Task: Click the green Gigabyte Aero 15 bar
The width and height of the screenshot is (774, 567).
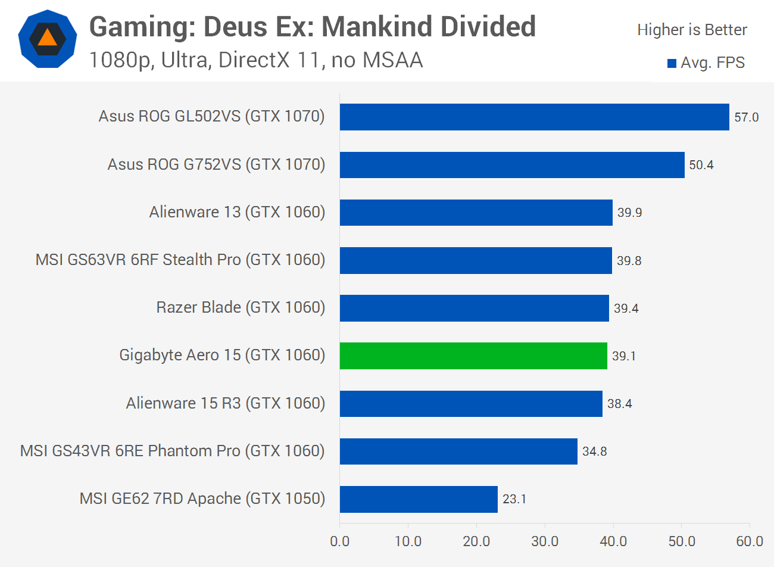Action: click(x=473, y=356)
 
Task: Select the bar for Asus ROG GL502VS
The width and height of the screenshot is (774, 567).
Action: click(x=534, y=117)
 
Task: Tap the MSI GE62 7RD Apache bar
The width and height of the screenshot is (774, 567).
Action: click(x=419, y=499)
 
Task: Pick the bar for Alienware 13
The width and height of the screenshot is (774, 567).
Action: click(x=476, y=213)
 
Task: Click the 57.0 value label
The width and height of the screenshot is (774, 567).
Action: click(x=746, y=117)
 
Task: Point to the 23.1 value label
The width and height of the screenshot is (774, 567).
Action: click(x=514, y=499)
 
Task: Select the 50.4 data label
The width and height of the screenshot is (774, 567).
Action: click(x=701, y=165)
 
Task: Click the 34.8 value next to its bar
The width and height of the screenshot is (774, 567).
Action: click(x=594, y=451)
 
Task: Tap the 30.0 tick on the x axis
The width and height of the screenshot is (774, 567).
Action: click(x=545, y=541)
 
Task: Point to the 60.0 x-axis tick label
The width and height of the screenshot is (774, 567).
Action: click(x=749, y=541)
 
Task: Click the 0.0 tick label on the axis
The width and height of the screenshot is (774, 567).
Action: click(x=340, y=541)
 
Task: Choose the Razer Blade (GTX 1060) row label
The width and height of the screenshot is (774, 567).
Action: click(x=241, y=307)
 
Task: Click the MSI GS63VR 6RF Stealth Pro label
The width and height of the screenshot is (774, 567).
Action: click(x=180, y=260)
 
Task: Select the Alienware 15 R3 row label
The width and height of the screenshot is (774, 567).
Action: click(x=226, y=403)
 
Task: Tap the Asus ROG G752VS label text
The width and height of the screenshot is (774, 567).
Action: click(x=216, y=164)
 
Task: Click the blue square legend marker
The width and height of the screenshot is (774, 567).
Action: click(x=672, y=63)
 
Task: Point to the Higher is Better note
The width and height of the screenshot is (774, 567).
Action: click(x=692, y=30)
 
